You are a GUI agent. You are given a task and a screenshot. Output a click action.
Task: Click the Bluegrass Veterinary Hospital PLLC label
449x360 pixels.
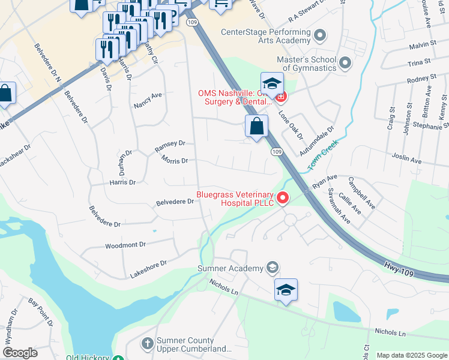235,199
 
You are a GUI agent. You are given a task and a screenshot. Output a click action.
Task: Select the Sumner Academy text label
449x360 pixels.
231,268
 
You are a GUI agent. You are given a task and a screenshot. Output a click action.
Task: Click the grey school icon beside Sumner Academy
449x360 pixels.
273,268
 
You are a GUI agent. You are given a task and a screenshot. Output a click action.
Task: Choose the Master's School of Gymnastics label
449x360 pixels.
306,64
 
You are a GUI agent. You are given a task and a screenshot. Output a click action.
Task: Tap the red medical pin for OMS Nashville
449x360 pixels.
280,95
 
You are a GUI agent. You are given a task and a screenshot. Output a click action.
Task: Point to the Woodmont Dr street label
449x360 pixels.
125,245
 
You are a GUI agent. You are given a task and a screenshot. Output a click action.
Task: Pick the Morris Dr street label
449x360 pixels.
175,160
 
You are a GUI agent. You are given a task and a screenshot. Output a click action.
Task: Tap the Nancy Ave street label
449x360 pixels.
148,99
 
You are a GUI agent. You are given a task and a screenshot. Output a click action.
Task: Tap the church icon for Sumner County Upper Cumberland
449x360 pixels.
147,344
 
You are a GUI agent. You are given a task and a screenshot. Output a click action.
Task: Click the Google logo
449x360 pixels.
20,353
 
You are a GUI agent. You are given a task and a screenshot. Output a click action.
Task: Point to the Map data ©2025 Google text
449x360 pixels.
412,355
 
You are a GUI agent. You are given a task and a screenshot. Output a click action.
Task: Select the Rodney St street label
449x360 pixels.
421,79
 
